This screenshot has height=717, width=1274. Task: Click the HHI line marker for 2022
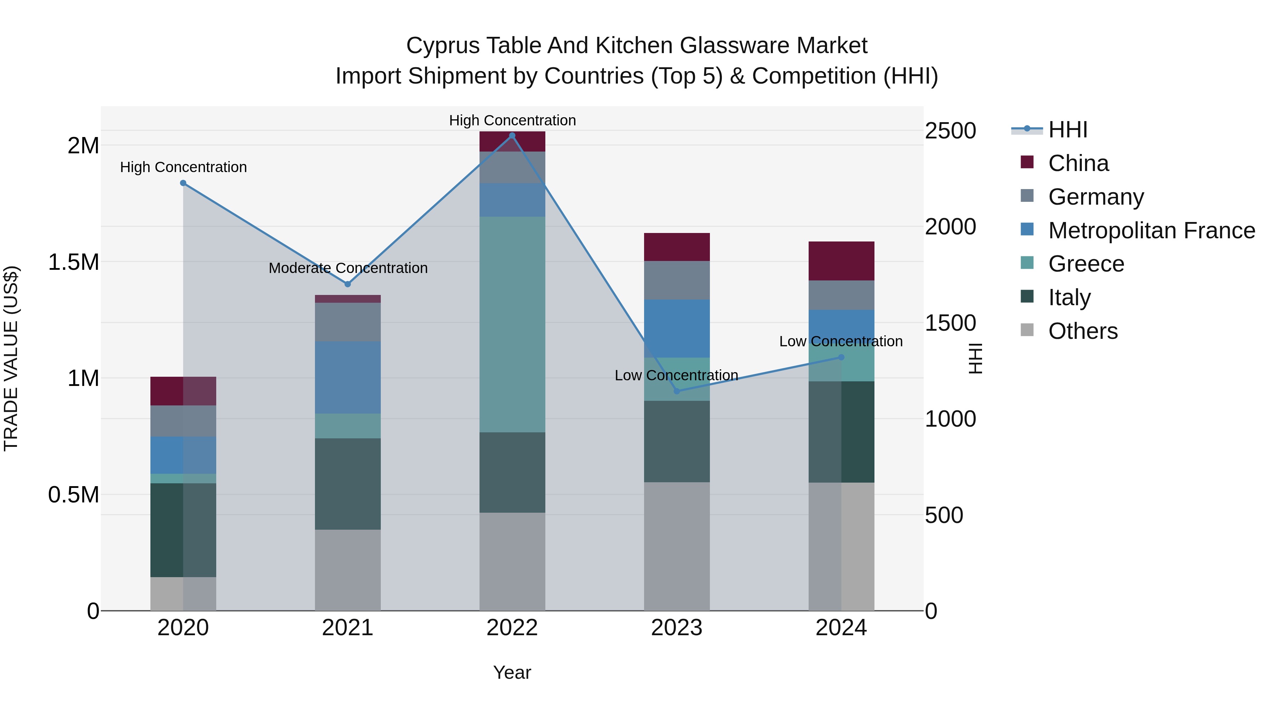coord(512,135)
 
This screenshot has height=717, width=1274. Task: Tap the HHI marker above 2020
coord(183,183)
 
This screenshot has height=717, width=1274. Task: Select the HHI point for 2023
coord(677,391)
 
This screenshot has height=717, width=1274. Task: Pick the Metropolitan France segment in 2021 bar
coord(348,377)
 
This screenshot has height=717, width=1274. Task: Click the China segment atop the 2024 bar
coord(841,261)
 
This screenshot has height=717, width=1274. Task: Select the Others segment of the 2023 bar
coord(677,546)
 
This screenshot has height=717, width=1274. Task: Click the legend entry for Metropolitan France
coord(1151,231)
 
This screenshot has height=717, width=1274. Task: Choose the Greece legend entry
coord(1086,264)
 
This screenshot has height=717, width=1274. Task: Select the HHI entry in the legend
coord(1067,130)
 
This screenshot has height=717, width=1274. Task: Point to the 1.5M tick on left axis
coord(74,262)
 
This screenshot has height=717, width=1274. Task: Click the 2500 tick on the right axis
coord(950,131)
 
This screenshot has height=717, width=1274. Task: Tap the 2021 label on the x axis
coord(347,628)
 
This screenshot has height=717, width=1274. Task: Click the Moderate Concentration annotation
coord(348,268)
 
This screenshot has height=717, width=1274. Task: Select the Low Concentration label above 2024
coord(841,341)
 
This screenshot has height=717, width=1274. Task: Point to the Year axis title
coord(512,672)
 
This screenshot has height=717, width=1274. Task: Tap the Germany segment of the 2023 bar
coord(677,280)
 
